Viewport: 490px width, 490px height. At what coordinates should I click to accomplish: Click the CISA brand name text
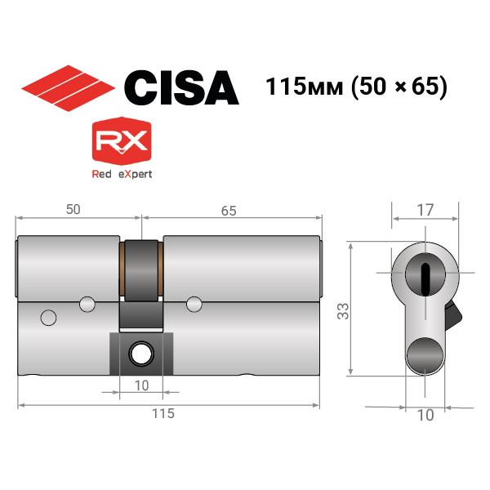(181, 88)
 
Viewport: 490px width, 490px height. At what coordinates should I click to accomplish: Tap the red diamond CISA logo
(68, 88)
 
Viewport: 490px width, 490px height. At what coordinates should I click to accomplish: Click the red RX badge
(122, 141)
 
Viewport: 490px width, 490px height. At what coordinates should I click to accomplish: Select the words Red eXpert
(122, 174)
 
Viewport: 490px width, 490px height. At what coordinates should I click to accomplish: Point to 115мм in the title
(304, 87)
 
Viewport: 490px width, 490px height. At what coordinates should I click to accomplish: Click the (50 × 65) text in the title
(399, 87)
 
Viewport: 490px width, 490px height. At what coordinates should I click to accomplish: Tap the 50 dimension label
(73, 209)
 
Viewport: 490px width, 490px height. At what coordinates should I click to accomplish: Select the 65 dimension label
(229, 211)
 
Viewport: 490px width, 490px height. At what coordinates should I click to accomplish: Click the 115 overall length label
(163, 413)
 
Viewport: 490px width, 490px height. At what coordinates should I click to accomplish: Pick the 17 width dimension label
(425, 210)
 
